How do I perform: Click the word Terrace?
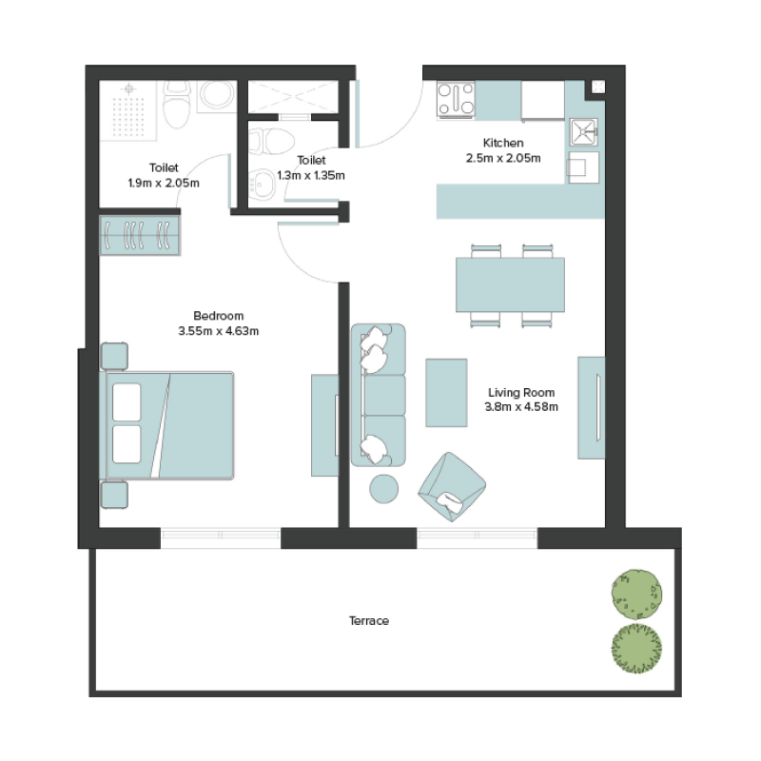click(368, 621)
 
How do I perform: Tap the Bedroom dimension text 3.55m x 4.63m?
click(219, 331)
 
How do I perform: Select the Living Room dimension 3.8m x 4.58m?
click(520, 407)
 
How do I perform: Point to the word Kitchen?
click(503, 143)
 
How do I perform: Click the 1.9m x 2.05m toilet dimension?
click(163, 182)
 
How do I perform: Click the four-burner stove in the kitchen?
click(456, 100)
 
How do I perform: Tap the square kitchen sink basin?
click(582, 130)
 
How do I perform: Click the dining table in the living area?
click(510, 284)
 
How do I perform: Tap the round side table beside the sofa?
click(384, 488)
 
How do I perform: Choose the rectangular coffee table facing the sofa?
click(445, 392)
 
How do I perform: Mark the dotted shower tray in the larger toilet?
click(130, 109)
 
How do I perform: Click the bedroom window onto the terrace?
click(220, 536)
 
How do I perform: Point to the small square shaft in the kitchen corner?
click(596, 88)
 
